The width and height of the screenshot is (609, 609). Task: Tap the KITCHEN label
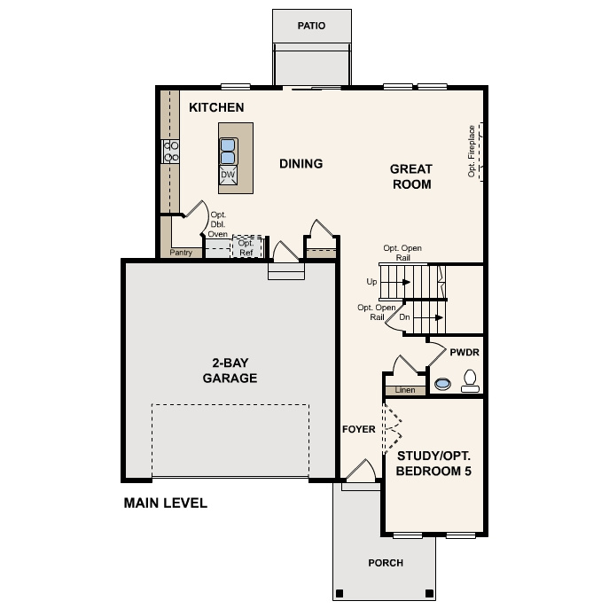(x=216, y=108)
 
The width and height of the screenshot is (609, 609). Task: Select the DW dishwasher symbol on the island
(x=228, y=176)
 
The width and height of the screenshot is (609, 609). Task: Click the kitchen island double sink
(x=228, y=152)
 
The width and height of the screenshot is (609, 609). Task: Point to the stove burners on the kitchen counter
(x=171, y=152)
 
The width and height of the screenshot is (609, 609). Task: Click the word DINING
(x=301, y=164)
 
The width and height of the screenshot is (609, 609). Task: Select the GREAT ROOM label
(x=411, y=176)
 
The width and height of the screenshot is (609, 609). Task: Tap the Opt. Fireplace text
(x=472, y=152)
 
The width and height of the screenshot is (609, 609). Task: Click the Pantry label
(x=181, y=253)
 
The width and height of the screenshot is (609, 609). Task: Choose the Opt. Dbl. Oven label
(x=218, y=225)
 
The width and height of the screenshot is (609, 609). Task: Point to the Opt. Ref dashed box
(x=246, y=247)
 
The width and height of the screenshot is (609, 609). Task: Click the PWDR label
(x=464, y=352)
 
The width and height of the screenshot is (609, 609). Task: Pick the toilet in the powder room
(x=469, y=384)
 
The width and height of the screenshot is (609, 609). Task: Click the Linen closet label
(x=404, y=390)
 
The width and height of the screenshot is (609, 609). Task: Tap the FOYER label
(x=359, y=430)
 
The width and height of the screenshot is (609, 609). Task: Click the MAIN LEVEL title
(x=166, y=504)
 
